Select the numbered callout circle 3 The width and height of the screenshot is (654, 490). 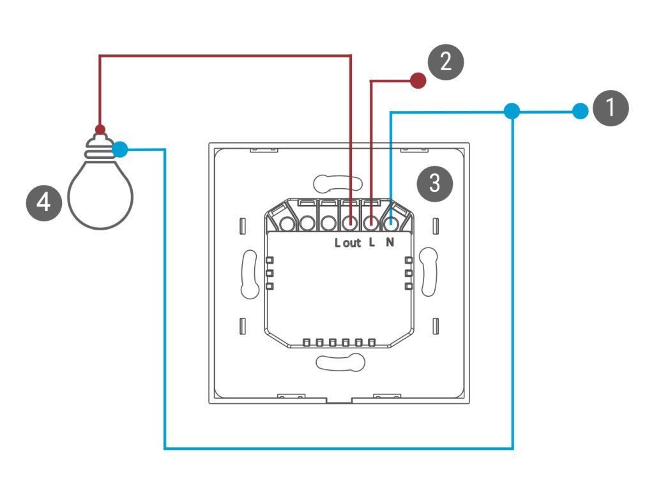click(x=434, y=184)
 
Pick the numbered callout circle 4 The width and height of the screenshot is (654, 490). click(x=43, y=204)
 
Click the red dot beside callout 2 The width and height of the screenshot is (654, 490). click(x=418, y=80)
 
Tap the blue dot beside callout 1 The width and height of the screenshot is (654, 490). click(x=579, y=112)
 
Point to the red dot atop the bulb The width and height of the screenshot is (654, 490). click(x=100, y=129)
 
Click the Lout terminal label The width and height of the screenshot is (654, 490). click(x=348, y=243)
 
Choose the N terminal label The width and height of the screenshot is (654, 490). click(x=390, y=243)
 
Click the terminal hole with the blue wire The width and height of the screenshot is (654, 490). click(x=392, y=223)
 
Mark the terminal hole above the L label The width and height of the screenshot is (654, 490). click(x=371, y=223)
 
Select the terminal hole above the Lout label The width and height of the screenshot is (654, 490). click(x=350, y=223)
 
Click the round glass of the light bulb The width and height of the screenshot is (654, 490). click(x=100, y=195)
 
